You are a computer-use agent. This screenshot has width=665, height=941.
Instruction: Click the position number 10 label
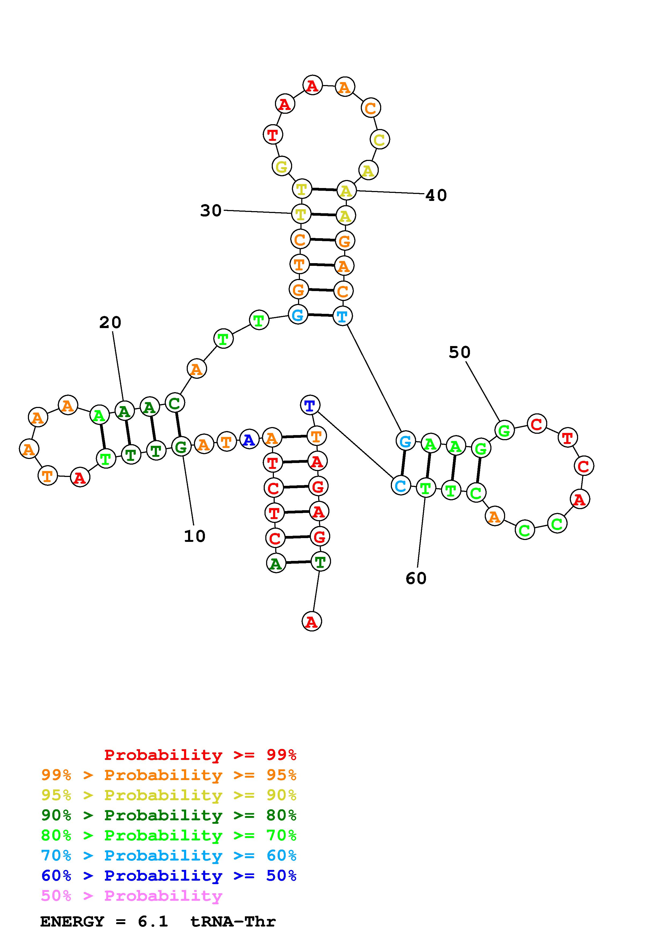point(194,536)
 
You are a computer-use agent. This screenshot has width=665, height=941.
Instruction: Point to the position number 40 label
point(436,196)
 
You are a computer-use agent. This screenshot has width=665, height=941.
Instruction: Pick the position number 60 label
point(416,578)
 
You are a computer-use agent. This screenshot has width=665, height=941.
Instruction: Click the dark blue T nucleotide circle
point(310,405)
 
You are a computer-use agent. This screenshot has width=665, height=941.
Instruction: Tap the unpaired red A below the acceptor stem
point(311,622)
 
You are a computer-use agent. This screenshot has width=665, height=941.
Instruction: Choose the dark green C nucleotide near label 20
point(175,403)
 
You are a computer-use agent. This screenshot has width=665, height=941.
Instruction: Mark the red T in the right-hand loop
point(567,438)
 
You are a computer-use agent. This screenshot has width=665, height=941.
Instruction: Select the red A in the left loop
point(80,477)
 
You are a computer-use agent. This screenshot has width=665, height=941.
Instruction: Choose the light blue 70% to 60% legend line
point(169,856)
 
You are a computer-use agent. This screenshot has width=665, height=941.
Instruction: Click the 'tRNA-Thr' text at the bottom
point(233,922)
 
